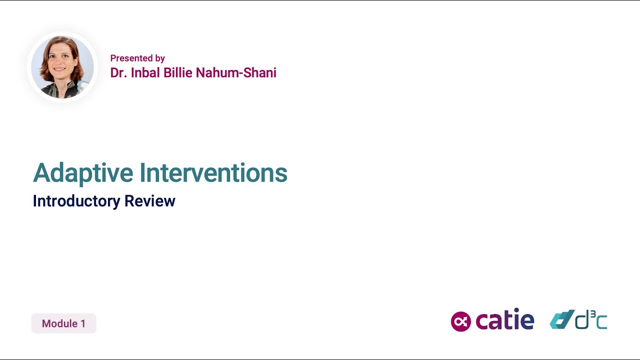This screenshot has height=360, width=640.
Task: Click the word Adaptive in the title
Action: tap(83, 173)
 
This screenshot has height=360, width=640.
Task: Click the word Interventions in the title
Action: tap(213, 173)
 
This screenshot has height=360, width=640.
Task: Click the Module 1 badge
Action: tap(63, 323)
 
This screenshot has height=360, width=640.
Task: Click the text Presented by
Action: tap(137, 58)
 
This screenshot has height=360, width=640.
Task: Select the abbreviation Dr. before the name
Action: tap(117, 73)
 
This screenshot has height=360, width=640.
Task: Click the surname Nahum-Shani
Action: tap(236, 73)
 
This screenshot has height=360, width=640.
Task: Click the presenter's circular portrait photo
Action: tap(62, 67)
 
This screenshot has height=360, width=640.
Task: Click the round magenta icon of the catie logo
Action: tap(461, 321)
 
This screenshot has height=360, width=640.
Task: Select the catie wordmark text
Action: tap(504, 320)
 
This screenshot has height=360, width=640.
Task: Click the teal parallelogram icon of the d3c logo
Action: tap(561, 320)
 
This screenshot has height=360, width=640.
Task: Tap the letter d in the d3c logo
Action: tap(582, 320)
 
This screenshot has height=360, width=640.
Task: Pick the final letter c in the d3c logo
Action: tap(602, 323)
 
